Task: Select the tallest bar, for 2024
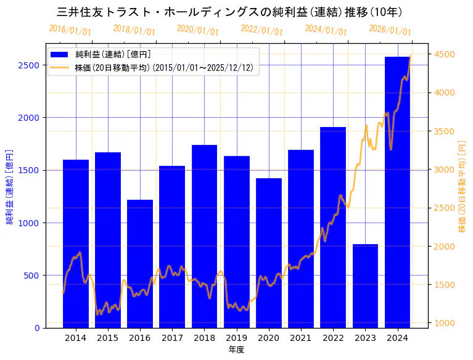coord(397,192)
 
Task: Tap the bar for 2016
coord(140,263)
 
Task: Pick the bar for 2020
coord(269,253)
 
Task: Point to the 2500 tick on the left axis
coord(30,65)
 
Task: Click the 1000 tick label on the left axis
coord(30,223)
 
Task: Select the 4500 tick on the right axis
coord(446,54)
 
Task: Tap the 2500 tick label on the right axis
coord(446,208)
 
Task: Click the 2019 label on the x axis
coord(237,338)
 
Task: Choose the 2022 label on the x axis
coord(333,338)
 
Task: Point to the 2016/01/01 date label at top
coord(70,30)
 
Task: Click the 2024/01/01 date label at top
coord(326,30)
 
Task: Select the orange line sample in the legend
coord(61,67)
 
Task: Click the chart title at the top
coord(229,12)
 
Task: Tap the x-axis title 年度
coord(237,350)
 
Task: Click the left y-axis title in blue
coord(9,186)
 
